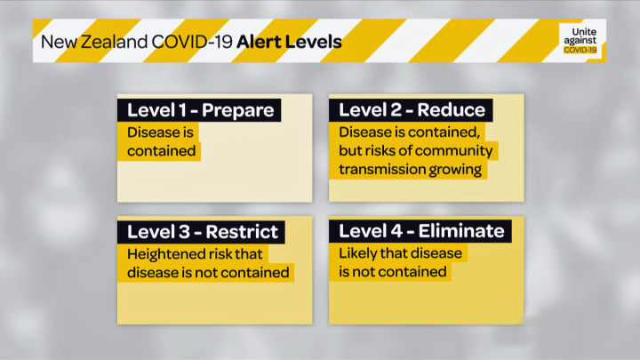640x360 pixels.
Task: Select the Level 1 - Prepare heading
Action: (200, 110)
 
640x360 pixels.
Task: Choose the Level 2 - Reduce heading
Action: (412, 110)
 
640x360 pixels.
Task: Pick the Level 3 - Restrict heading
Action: (203, 232)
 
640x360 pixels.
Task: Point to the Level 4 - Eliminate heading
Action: (421, 232)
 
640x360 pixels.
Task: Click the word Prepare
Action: (237, 110)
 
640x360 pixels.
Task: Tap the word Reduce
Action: (452, 110)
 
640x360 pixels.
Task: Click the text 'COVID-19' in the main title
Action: (188, 42)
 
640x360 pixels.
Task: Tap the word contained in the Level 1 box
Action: (161, 150)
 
